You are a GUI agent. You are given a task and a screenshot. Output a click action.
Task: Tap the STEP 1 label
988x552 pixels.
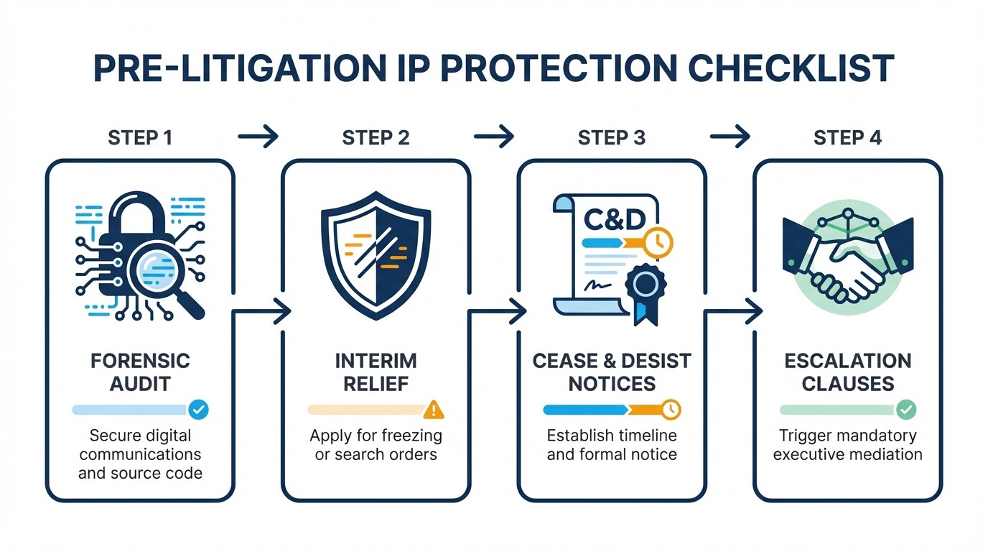pos(140,137)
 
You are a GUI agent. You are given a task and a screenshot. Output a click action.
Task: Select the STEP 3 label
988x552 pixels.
pos(611,137)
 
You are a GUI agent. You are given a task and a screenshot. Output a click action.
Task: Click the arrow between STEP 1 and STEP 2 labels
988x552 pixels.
pos(258,136)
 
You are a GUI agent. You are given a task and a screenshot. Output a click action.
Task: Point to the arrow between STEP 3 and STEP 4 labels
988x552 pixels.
pos(730,136)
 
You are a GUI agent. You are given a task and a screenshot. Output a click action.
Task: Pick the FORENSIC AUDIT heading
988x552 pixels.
pos(140,372)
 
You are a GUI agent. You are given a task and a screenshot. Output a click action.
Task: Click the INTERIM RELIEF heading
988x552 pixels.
pos(376,372)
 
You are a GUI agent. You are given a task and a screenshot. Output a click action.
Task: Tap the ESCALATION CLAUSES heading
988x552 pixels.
pos(847,372)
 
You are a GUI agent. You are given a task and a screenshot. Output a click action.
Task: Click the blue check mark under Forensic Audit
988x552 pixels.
pos(199,410)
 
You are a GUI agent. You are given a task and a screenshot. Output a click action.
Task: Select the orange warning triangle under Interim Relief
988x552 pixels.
pos(434,410)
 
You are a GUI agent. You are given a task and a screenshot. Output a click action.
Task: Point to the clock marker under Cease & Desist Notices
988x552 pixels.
pos(671,410)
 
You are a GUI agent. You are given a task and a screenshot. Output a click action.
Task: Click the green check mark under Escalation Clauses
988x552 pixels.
pos(906,410)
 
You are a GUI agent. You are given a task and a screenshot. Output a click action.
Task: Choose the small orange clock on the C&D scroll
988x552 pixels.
pos(658,241)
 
